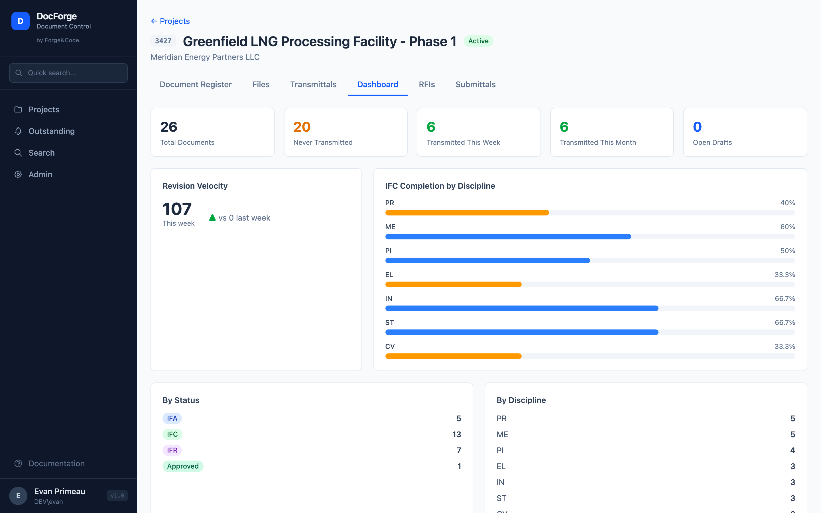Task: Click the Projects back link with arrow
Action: pyautogui.click(x=170, y=21)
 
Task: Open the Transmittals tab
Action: pyautogui.click(x=313, y=84)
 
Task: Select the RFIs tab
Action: pyautogui.click(x=426, y=84)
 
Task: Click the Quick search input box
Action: pyautogui.click(x=68, y=73)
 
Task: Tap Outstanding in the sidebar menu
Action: pyautogui.click(x=51, y=131)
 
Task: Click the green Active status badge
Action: pyautogui.click(x=478, y=41)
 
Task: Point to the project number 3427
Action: pyautogui.click(x=163, y=41)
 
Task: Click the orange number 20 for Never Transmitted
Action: pyautogui.click(x=302, y=127)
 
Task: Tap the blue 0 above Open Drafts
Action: pyautogui.click(x=697, y=127)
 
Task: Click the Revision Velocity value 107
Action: pyautogui.click(x=177, y=209)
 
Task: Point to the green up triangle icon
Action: pyautogui.click(x=212, y=217)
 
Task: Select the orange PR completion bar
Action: pyautogui.click(x=467, y=213)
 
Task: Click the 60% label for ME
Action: pyautogui.click(x=787, y=227)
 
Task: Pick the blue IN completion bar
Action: pyautogui.click(x=521, y=308)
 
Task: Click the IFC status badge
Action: pyautogui.click(x=172, y=434)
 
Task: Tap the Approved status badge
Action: pyautogui.click(x=182, y=466)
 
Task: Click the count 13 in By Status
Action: pyautogui.click(x=456, y=434)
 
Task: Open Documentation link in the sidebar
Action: pyautogui.click(x=56, y=463)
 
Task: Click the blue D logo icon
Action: pyautogui.click(x=20, y=21)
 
